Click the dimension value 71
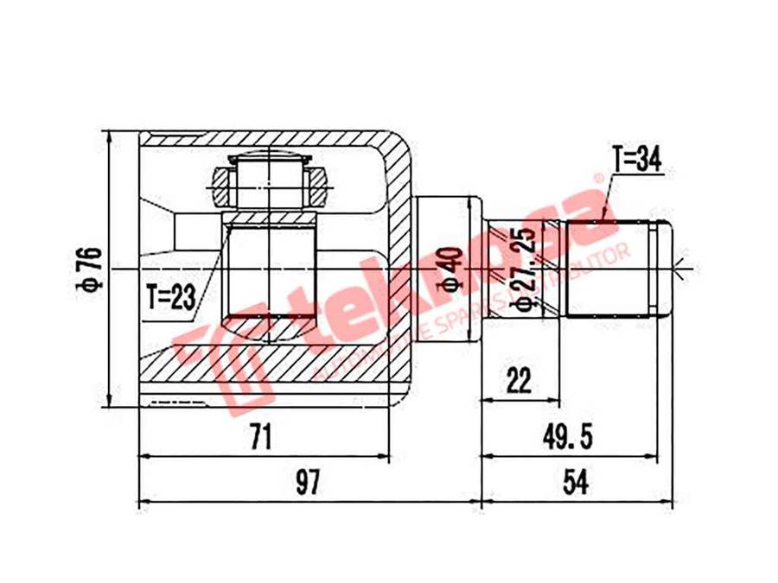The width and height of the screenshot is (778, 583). [x=259, y=438]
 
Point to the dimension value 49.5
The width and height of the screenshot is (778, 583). [x=568, y=438]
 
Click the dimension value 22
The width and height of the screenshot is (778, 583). [x=520, y=380]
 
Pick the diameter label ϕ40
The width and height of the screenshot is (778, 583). [x=448, y=269]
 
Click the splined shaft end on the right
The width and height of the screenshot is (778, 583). [x=618, y=269]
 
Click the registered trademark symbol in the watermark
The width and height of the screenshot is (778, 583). [x=596, y=179]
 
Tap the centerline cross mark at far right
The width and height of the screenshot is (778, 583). [x=683, y=269]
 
